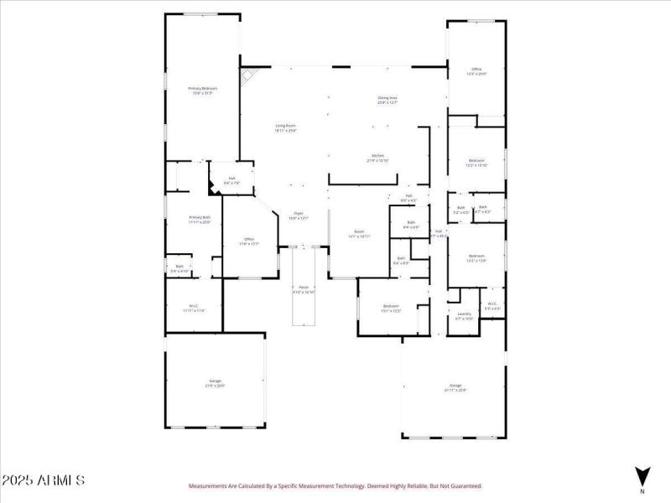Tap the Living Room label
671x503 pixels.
(286, 126)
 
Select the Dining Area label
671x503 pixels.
(387, 98)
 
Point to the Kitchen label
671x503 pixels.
(377, 155)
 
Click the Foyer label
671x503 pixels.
(299, 214)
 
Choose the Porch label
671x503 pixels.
(303, 288)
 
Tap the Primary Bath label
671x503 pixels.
(200, 218)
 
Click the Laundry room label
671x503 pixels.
(464, 314)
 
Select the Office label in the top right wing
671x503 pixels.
(476, 70)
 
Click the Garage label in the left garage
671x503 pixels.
(216, 381)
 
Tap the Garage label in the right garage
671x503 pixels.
(455, 386)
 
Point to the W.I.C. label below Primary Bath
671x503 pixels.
(194, 306)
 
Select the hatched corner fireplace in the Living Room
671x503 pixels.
(247, 77)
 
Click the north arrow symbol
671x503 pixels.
(642, 475)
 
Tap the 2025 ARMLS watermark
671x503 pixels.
(43, 480)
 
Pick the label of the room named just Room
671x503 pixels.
(359, 232)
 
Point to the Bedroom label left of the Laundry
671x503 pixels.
(392, 307)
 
